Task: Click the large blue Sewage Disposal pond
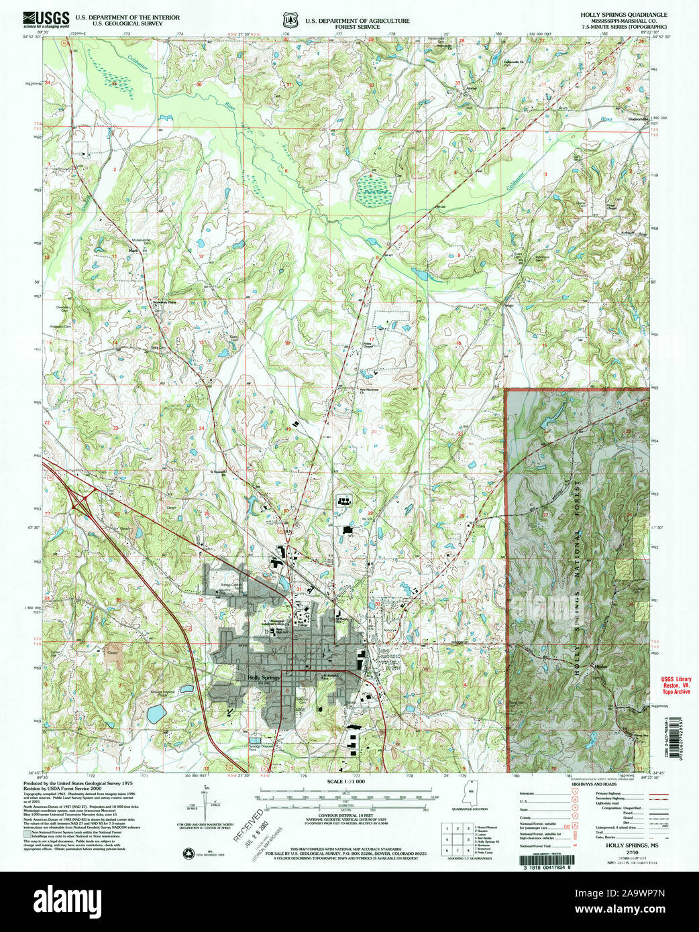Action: pyautogui.click(x=156, y=713)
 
